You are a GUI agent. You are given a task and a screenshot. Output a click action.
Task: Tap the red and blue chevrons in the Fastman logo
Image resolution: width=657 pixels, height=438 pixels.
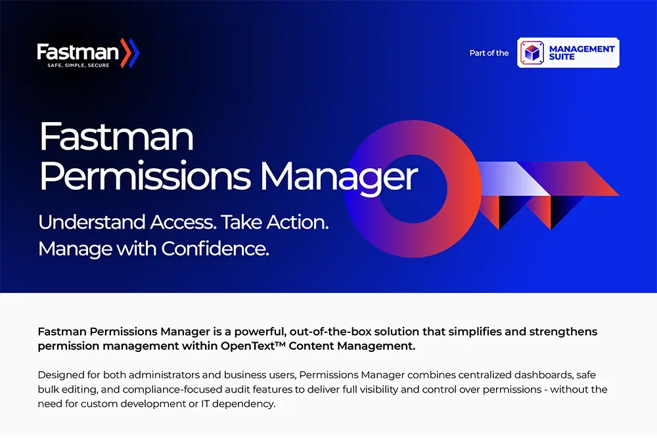[130, 52]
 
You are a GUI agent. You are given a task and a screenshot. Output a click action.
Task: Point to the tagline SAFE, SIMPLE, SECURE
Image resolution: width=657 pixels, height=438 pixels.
[79, 66]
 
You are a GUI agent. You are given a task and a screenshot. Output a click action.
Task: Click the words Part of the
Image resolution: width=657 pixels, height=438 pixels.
[489, 53]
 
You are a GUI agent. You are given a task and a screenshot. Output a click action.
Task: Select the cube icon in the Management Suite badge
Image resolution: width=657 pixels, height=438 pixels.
[532, 53]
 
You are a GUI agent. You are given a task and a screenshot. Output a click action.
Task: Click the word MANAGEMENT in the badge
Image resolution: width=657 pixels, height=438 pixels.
[581, 49]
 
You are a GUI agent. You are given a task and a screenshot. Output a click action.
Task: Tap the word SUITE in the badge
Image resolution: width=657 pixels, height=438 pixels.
[562, 57]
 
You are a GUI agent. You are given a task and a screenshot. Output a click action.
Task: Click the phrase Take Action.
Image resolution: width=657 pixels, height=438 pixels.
[275, 222]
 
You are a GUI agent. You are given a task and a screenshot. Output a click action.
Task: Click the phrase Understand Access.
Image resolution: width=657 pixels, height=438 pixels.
[126, 222]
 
